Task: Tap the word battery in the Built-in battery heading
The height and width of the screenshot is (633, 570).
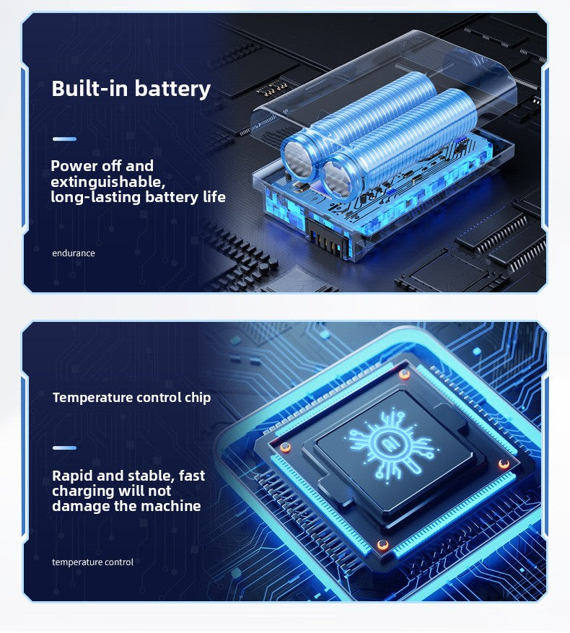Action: pyautogui.click(x=172, y=89)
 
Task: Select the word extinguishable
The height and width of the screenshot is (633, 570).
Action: pyautogui.click(x=108, y=181)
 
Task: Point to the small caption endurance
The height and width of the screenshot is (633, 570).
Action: pyautogui.click(x=74, y=253)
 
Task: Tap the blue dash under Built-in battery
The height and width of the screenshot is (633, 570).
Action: pyautogui.click(x=64, y=139)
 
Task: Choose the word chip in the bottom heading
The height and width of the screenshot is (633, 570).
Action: pyautogui.click(x=196, y=398)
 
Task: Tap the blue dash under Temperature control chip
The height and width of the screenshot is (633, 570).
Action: pyautogui.click(x=64, y=448)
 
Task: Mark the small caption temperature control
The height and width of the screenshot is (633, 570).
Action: pyautogui.click(x=92, y=562)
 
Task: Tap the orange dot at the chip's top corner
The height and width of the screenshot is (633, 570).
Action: pyautogui.click(x=405, y=374)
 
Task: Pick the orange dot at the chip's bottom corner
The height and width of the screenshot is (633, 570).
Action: pyautogui.click(x=383, y=543)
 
